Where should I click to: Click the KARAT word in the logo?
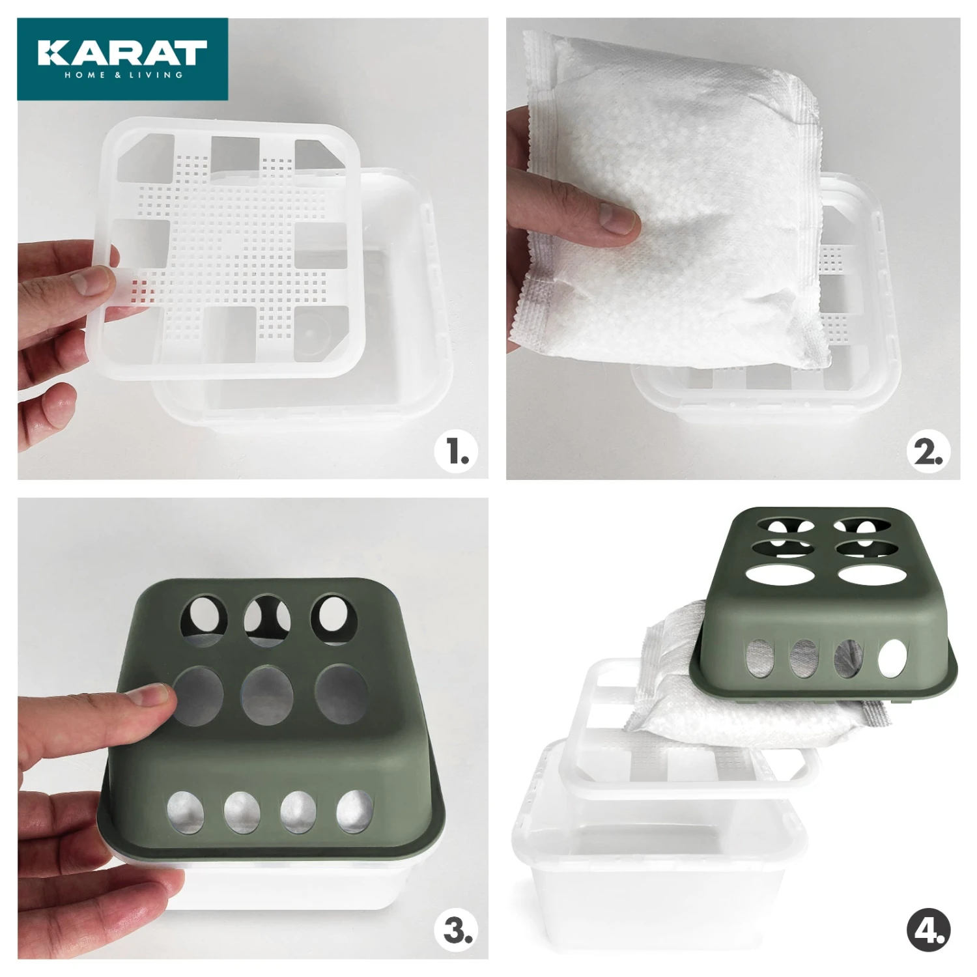click(122, 53)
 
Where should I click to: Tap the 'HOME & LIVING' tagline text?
click(123, 75)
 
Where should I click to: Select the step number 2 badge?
click(928, 452)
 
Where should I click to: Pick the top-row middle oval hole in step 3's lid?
click(268, 620)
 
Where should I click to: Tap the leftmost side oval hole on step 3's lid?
click(186, 814)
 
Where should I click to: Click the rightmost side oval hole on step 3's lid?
click(354, 812)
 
